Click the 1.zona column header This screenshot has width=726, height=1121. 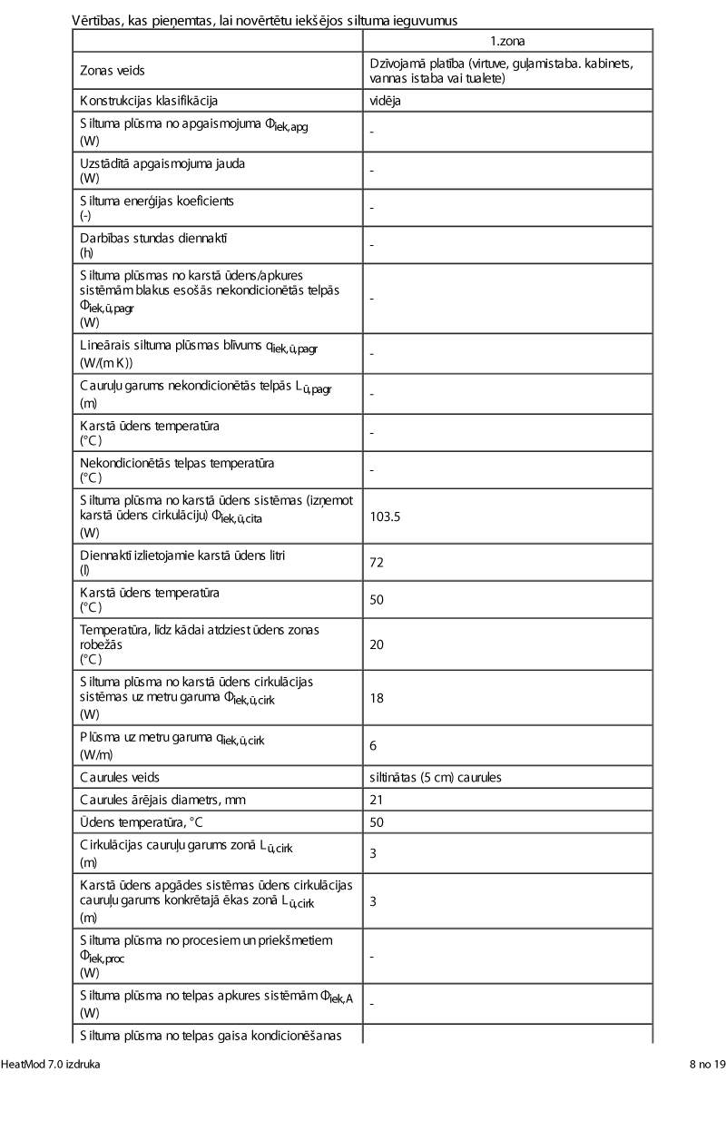coord(507,42)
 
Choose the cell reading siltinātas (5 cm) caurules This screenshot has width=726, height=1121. coord(436,778)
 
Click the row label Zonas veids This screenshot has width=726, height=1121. coord(112,70)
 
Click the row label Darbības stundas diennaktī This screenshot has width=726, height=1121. coord(153,238)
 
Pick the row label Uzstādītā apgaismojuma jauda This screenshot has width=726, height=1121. coord(162,163)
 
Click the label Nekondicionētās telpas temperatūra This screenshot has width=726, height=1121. coord(177,463)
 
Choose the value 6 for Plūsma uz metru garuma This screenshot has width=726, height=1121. coord(373,745)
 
